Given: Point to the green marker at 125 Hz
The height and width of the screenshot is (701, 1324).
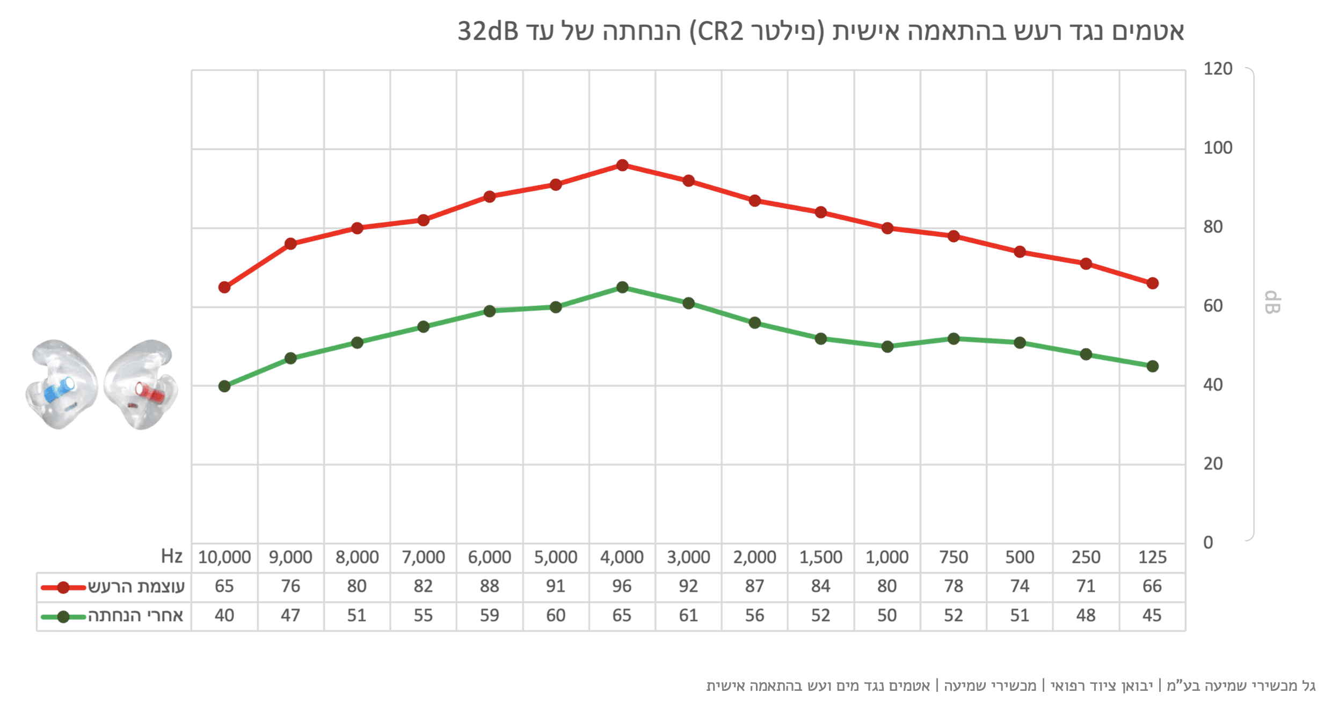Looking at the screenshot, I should coord(1152,367).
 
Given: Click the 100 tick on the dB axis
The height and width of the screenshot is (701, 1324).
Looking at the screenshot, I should coord(1218,148).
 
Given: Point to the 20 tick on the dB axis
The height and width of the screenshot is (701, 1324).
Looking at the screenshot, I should coord(1213,464).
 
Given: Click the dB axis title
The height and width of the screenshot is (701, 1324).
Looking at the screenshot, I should coord(1272,302).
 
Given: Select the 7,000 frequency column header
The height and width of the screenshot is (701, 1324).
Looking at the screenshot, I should coord(423,557).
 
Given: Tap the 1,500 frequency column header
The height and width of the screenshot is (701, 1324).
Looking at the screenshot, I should coord(820,557).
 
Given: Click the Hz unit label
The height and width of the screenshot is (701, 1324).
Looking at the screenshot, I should coord(172,556).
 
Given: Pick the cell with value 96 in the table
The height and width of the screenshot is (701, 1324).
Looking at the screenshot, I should coord(622,586).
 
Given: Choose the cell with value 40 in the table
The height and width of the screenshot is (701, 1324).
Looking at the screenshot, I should coord(224,615).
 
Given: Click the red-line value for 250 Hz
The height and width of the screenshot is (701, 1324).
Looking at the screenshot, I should coord(1086,586).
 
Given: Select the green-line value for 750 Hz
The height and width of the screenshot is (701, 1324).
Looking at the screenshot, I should coord(954,615).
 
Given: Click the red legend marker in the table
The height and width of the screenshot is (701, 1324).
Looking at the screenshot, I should coord(63,587).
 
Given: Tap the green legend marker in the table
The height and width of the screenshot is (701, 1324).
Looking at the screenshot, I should coord(63,617).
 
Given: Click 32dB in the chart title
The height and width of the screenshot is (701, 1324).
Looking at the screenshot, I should coord(488,31).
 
